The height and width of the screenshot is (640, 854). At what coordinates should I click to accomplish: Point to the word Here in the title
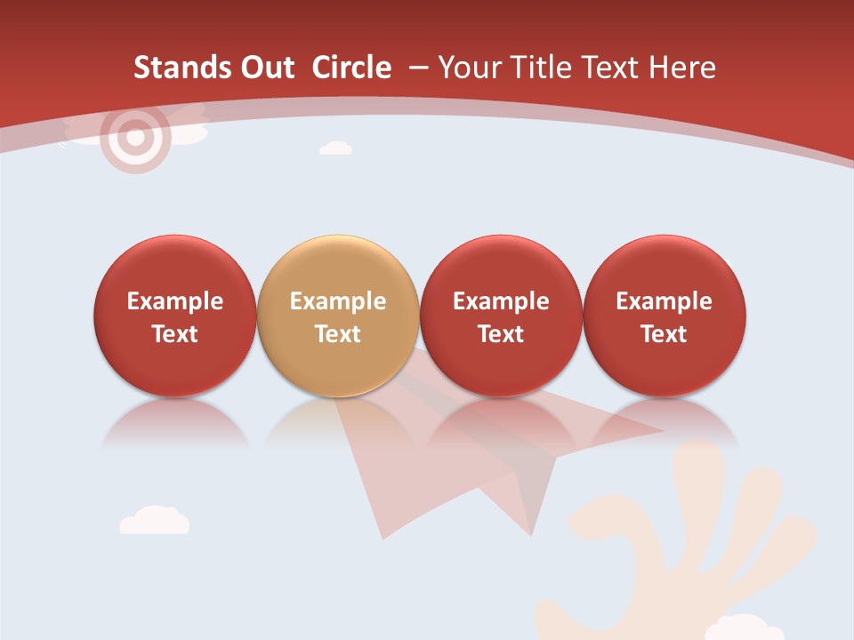pos(682,68)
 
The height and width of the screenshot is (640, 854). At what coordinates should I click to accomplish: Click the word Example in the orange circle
pos(338,301)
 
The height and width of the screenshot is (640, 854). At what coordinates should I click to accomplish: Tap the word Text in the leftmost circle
pos(174,334)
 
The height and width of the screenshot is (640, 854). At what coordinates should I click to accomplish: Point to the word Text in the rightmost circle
pos(664,334)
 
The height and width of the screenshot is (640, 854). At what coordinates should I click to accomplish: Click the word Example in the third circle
pos(501,301)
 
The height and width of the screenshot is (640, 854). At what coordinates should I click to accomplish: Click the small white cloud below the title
pos(335,148)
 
